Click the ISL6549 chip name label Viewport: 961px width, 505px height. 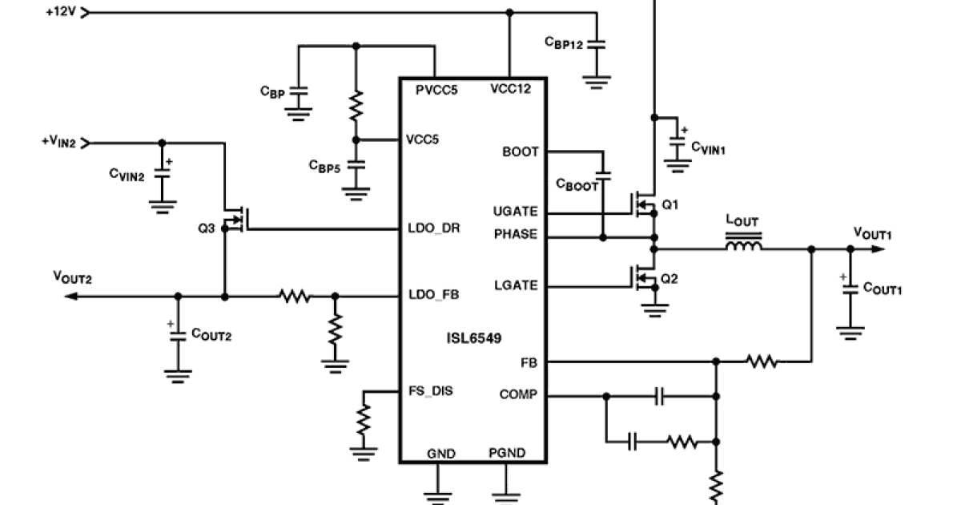click(474, 337)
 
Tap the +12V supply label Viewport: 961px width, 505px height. click(61, 13)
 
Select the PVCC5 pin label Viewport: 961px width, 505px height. click(436, 90)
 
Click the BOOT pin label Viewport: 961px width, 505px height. click(521, 151)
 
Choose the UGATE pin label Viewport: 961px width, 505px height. click(517, 212)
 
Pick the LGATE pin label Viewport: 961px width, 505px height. click(517, 286)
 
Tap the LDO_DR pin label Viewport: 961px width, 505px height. click(432, 229)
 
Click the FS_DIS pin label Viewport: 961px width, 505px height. click(430, 391)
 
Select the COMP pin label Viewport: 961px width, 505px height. click(518, 394)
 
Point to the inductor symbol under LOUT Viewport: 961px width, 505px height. click(744, 244)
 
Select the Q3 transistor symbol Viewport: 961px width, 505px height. click(235, 218)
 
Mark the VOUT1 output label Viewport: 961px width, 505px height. click(872, 232)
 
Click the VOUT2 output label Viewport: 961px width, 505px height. click(72, 277)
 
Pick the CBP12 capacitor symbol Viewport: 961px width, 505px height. click(597, 45)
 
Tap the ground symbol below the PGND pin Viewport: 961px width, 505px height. click(506, 491)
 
